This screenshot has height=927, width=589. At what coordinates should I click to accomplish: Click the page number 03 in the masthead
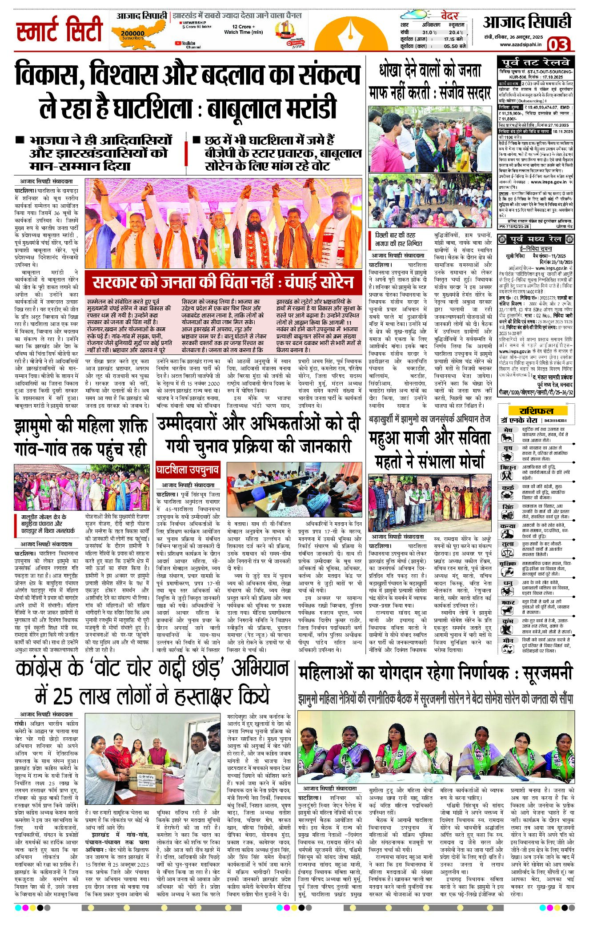tap(558, 45)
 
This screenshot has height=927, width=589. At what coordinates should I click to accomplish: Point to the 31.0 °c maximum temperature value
tap(429, 32)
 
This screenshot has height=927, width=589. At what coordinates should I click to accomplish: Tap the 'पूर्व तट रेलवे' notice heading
tap(535, 62)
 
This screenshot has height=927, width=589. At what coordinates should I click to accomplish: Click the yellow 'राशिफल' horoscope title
tap(537, 410)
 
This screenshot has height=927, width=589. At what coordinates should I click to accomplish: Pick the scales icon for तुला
tap(507, 552)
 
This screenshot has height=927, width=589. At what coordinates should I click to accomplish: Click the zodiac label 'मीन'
tap(507, 640)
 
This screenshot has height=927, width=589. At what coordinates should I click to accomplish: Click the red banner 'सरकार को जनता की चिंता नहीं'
tap(222, 282)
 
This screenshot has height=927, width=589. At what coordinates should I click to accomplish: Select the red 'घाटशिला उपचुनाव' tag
tap(187, 470)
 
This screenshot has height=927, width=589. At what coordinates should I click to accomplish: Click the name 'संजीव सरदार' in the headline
tap(464, 92)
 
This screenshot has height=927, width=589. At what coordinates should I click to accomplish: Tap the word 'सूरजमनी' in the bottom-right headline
tap(547, 673)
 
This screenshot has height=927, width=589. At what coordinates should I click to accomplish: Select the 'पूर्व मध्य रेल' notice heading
tap(536, 239)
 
